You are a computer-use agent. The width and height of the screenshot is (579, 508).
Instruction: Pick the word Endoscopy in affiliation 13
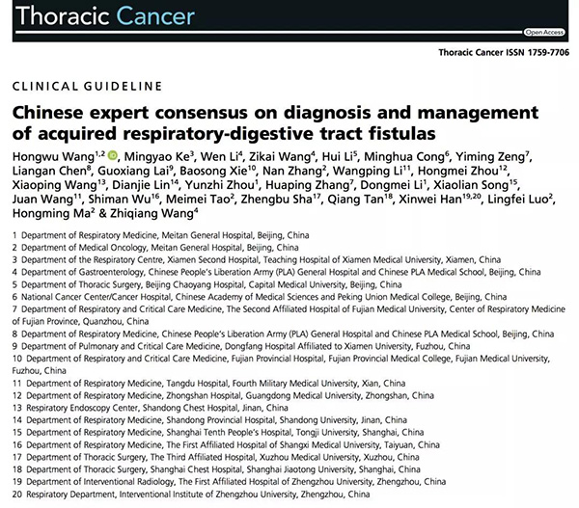click(100, 408)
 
